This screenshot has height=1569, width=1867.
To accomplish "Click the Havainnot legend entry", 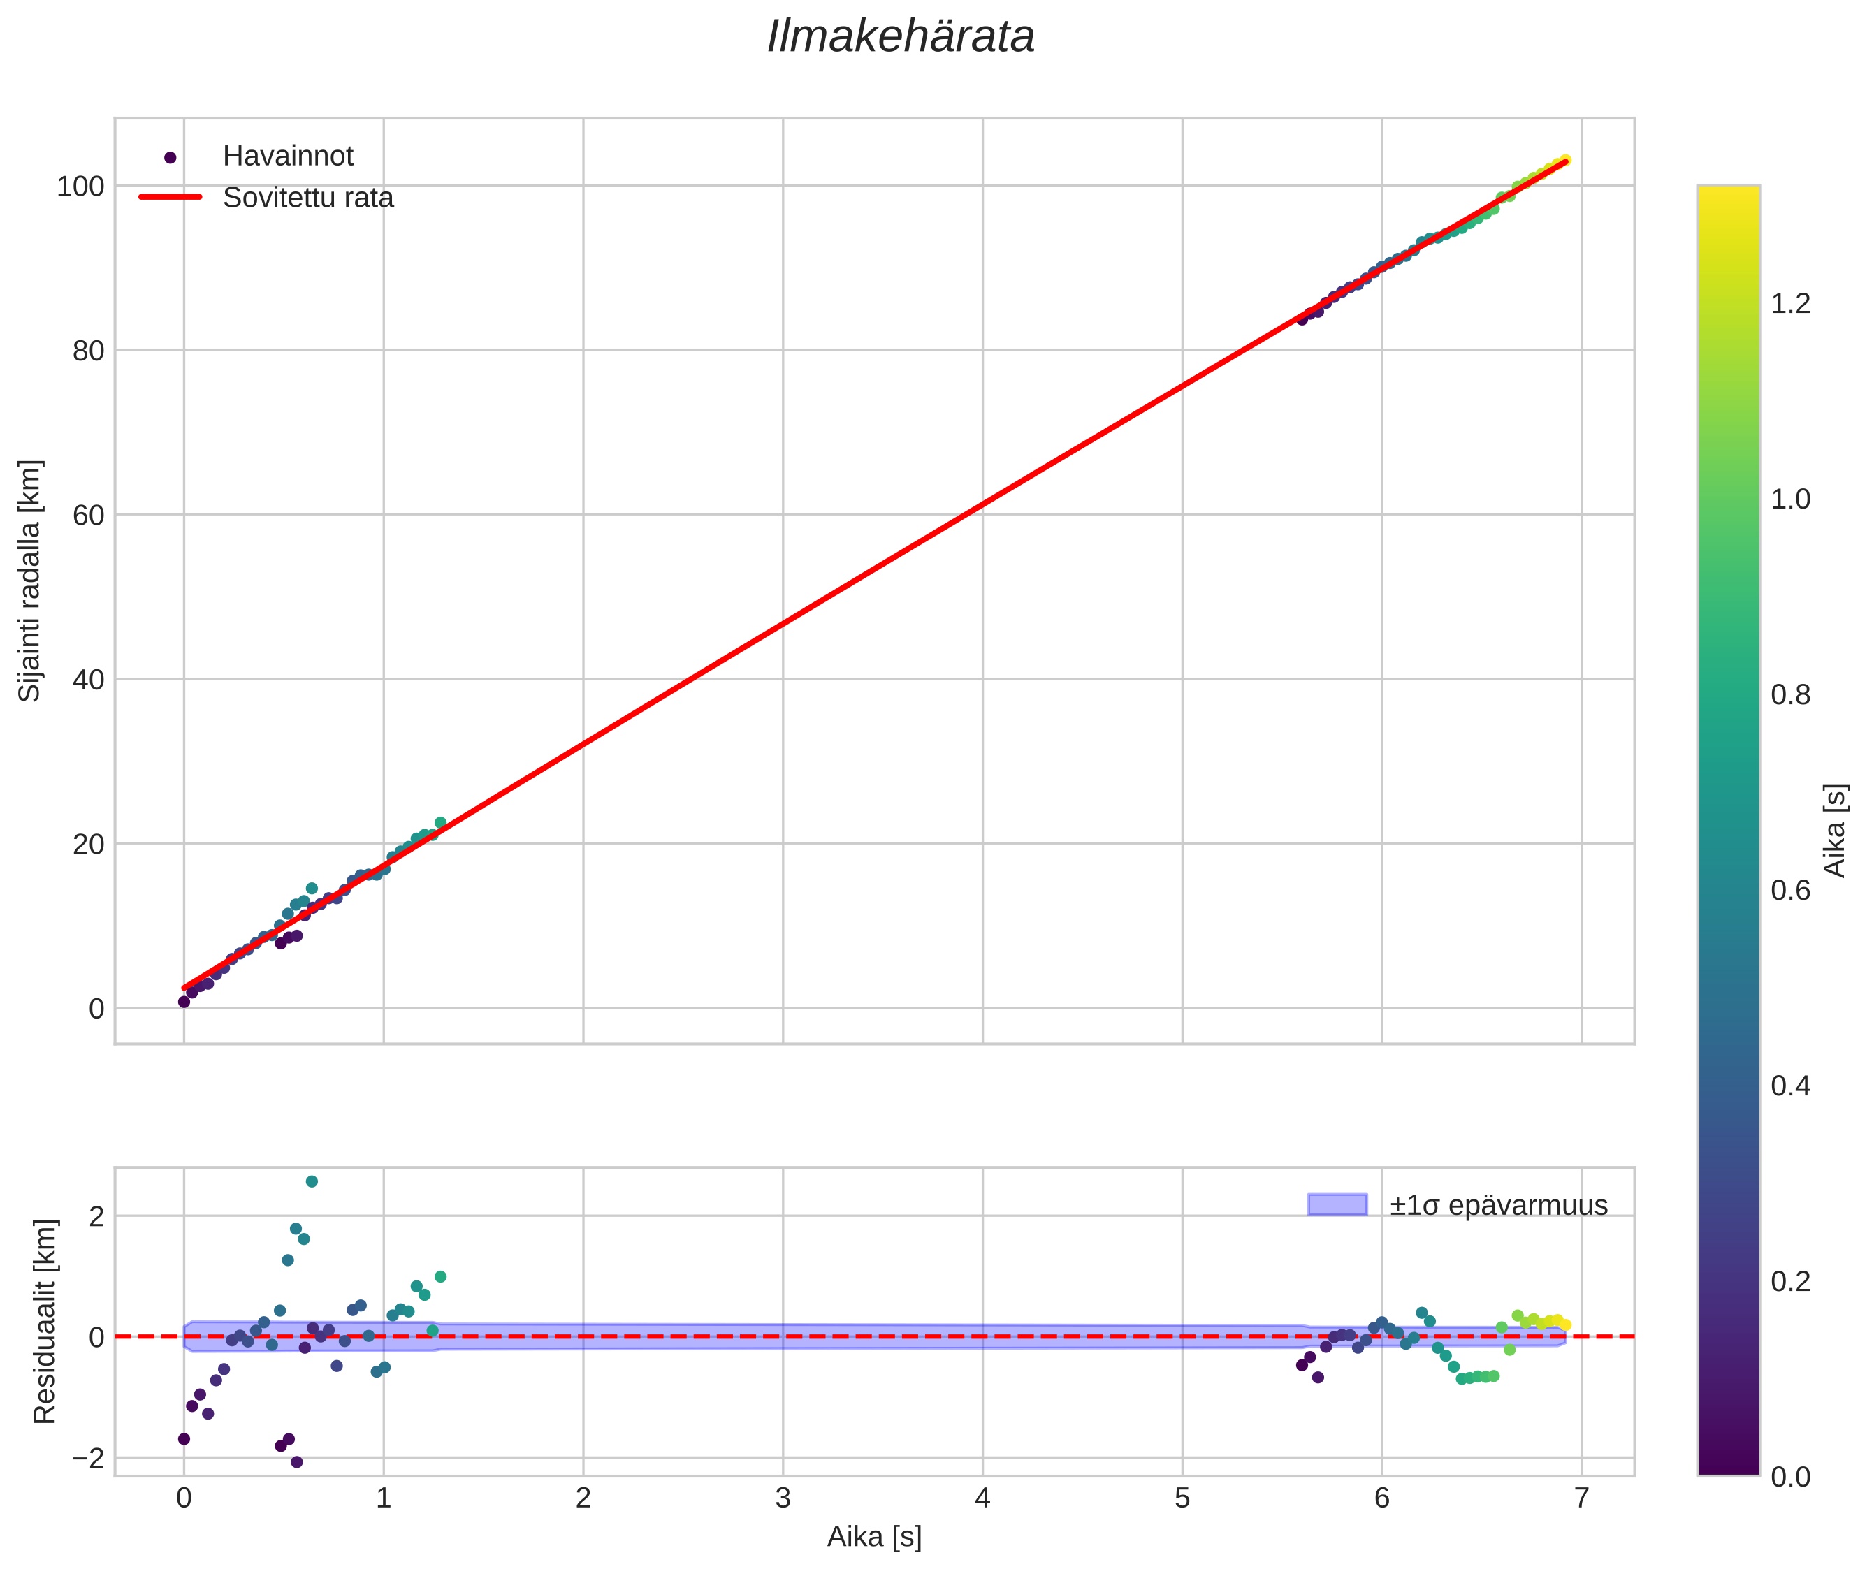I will [x=287, y=156].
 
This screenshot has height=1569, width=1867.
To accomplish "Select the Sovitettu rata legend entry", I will [x=307, y=198].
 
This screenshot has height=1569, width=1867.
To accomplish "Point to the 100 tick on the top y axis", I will [x=80, y=187].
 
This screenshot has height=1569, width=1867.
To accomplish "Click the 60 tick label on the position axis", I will [x=88, y=516].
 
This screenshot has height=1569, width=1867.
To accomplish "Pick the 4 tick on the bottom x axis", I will [x=982, y=1498].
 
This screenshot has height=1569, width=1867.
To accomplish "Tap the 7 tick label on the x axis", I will [x=1581, y=1498].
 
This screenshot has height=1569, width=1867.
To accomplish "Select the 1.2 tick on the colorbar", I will [x=1789, y=304].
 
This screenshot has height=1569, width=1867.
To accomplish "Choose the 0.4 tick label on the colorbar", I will [x=1789, y=1086].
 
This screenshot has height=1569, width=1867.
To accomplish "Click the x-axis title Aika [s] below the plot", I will [x=873, y=1537].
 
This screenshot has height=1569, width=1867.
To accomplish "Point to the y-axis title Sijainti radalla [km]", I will [x=30, y=581].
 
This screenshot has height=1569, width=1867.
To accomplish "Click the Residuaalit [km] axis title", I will [x=45, y=1322].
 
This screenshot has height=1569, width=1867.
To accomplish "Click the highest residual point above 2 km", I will [x=312, y=1181].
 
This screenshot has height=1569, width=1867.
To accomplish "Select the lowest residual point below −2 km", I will [x=296, y=1462].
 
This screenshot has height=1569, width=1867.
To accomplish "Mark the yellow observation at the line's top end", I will [x=1564, y=161].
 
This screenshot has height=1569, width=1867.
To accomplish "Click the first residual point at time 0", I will [x=184, y=1439].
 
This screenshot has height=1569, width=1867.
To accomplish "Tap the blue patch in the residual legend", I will [x=1337, y=1205].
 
